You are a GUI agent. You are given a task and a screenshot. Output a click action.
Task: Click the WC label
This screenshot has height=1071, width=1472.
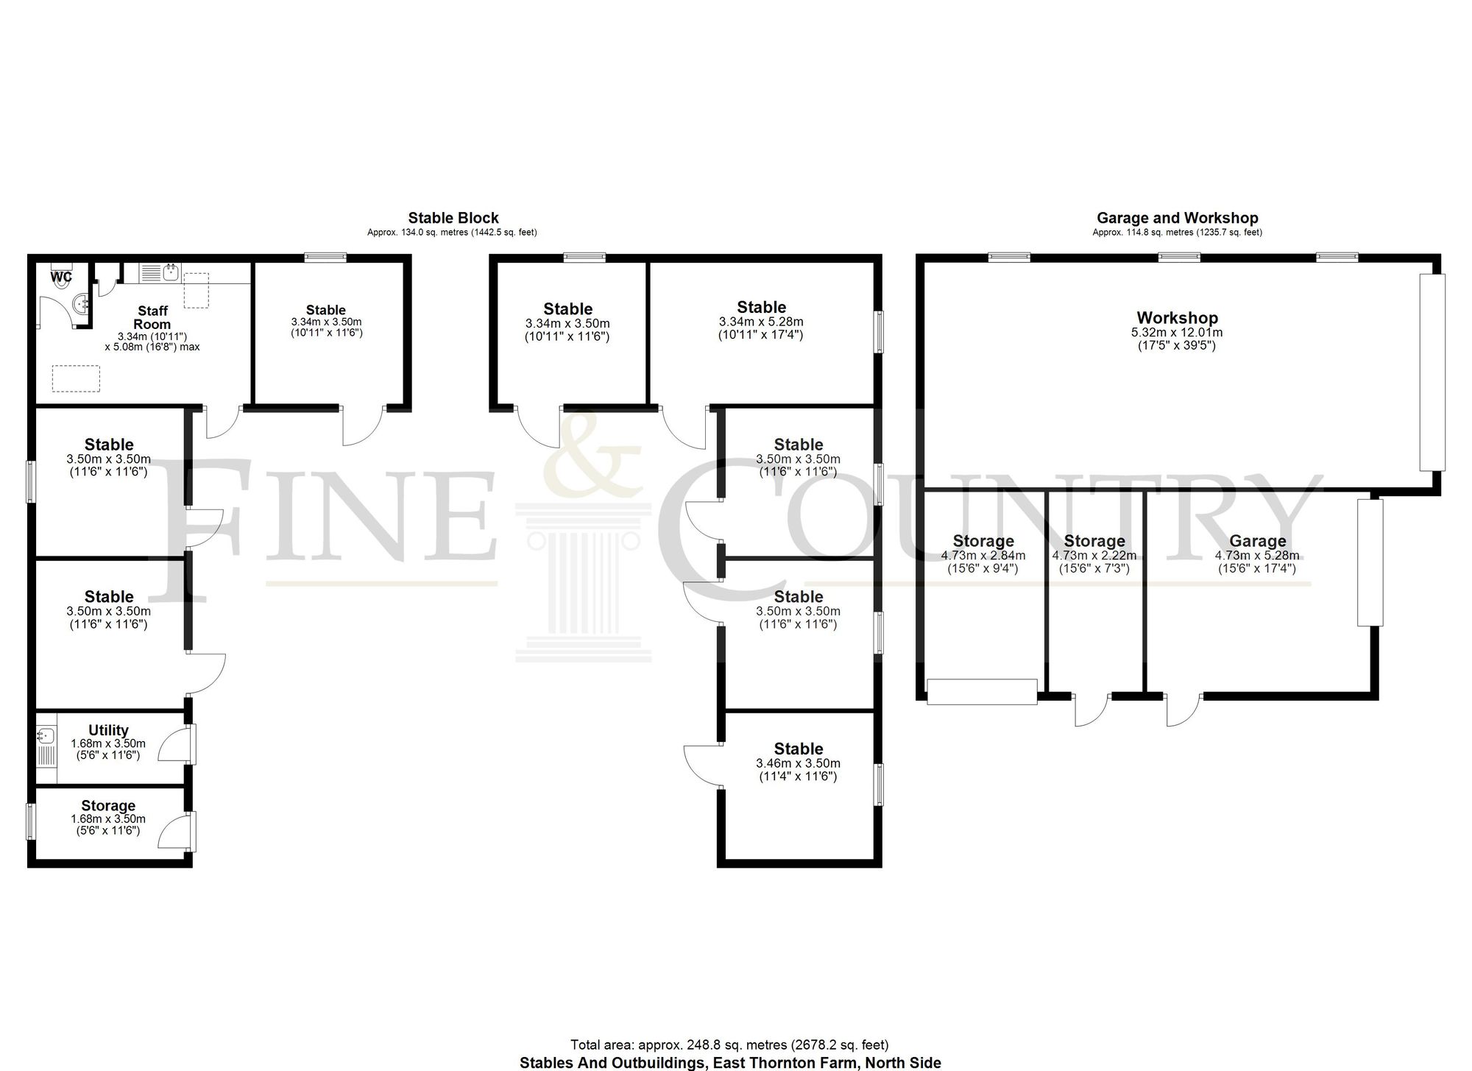click(x=61, y=278)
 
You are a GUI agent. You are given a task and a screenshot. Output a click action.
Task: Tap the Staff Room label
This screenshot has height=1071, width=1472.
click(x=152, y=317)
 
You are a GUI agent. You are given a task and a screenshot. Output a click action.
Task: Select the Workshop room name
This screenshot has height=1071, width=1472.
click(x=1177, y=318)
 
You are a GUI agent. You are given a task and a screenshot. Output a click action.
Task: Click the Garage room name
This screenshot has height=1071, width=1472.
click(x=1257, y=542)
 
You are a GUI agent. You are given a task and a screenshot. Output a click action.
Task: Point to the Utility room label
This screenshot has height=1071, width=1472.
click(x=108, y=730)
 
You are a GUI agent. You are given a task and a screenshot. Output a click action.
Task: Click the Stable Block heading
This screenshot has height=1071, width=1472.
click(x=453, y=218)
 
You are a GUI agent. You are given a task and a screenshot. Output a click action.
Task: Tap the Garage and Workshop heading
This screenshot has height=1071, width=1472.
click(x=1177, y=218)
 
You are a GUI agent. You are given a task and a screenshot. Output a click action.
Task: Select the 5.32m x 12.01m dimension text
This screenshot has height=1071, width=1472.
click(x=1177, y=333)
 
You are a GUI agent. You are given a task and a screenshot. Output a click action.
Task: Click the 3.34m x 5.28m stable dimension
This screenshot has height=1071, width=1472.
click(x=761, y=322)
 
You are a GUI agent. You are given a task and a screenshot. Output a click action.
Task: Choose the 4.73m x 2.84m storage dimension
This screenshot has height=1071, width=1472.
click(x=983, y=556)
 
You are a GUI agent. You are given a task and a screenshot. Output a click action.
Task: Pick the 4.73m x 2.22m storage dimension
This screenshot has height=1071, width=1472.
click(x=1094, y=556)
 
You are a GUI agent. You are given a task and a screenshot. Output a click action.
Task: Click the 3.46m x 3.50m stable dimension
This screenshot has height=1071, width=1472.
click(x=798, y=763)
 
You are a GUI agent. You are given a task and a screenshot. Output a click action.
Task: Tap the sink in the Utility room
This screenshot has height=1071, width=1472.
click(x=46, y=735)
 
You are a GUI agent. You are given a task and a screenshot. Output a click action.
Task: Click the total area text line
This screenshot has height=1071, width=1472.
click(x=729, y=1045)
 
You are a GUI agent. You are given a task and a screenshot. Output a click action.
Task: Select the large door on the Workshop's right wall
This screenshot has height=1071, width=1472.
click(x=1432, y=372)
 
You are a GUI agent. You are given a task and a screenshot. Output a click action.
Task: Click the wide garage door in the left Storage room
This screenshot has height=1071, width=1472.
click(x=982, y=692)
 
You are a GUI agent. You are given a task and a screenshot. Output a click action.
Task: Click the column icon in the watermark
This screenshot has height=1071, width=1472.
click(x=583, y=582)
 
